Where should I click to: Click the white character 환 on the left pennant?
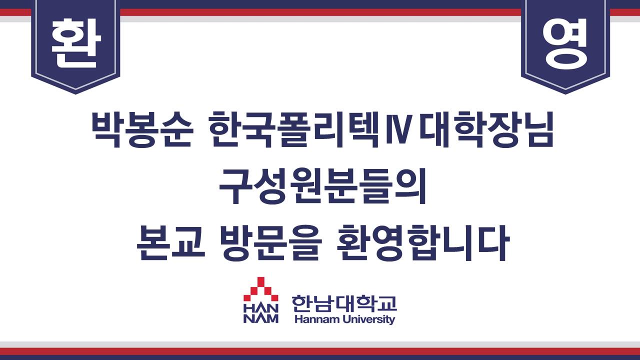[75, 43]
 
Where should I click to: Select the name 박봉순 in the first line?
[141, 130]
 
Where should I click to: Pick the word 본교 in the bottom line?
[171, 243]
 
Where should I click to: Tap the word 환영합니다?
[423, 243]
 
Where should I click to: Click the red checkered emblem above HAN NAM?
[260, 289]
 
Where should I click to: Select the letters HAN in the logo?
[260, 308]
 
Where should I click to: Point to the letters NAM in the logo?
[260, 318]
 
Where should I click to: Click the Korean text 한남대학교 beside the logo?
[344, 303]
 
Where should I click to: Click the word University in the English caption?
[369, 319]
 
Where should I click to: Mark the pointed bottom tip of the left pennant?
[75, 93]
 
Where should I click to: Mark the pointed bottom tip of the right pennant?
[565, 93]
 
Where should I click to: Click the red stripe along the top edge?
[320, 12]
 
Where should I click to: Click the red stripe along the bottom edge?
[320, 351]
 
